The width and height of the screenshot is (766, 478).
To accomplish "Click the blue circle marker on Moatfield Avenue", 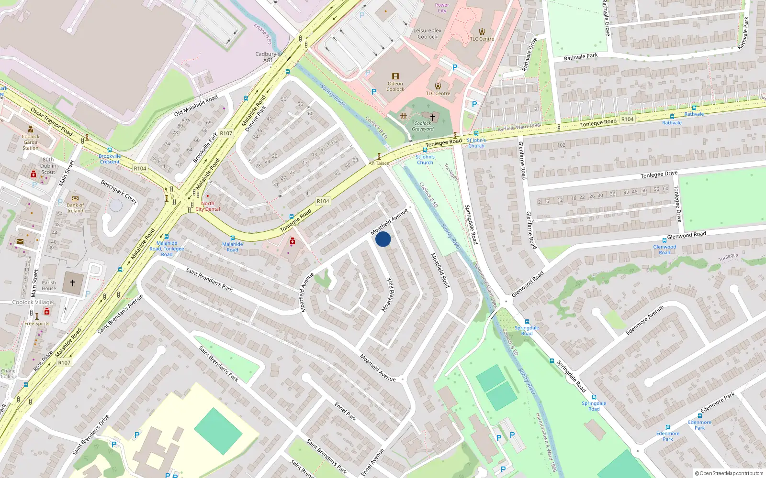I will pos(383,239).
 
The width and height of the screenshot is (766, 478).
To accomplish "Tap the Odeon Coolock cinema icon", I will pos(395,76).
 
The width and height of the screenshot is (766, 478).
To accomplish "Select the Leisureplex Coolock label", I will pos(428,33).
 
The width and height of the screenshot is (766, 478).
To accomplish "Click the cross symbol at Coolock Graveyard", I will pos(433,117).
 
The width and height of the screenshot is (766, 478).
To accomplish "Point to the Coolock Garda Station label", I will pos(31,142).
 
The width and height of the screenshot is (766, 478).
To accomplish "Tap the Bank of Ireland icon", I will pos(75,198).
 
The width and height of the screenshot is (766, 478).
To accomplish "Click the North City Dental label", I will pos(208,206).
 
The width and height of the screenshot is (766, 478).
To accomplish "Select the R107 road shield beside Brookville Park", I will pos(226,133).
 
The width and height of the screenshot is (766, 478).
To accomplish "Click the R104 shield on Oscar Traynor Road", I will pos(140,168).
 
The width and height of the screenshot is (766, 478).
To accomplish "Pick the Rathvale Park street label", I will pos(580,57).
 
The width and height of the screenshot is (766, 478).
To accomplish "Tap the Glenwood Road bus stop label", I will pos(665,250).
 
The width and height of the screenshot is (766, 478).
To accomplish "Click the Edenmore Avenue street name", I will pos(645,320).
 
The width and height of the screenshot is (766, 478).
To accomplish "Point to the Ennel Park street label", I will pos(345,412).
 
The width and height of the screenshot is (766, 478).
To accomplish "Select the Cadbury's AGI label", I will pos(267,57).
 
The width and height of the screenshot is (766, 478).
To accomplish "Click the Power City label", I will pos(442,8).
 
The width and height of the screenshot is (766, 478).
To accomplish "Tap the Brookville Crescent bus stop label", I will pos(110,159).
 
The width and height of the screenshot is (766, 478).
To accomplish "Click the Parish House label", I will pos(48,285).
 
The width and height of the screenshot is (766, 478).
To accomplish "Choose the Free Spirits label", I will pos(37,324).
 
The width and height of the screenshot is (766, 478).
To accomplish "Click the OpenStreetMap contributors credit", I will pos(729,473).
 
